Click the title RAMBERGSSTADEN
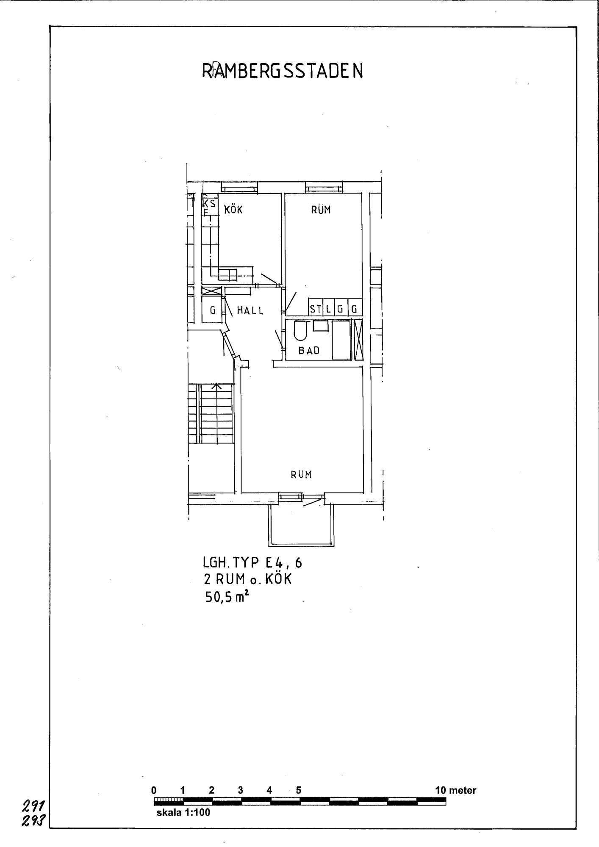point(283,72)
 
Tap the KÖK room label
point(233,210)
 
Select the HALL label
point(250,310)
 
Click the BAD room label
point(309,351)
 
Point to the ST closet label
point(316,309)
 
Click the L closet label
point(328,310)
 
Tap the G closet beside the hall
point(212,310)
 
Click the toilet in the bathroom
point(300,331)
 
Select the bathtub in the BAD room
point(341,340)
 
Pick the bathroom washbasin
point(320,326)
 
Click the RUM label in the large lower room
point(301,475)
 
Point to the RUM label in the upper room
point(321,210)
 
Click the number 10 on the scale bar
point(441,790)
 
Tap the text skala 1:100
point(183,813)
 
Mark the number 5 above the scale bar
point(299,790)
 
